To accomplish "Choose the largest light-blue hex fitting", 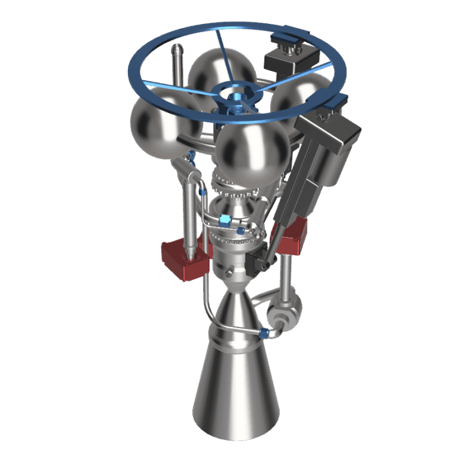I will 225,220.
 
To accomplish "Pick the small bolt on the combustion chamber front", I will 229,274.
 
